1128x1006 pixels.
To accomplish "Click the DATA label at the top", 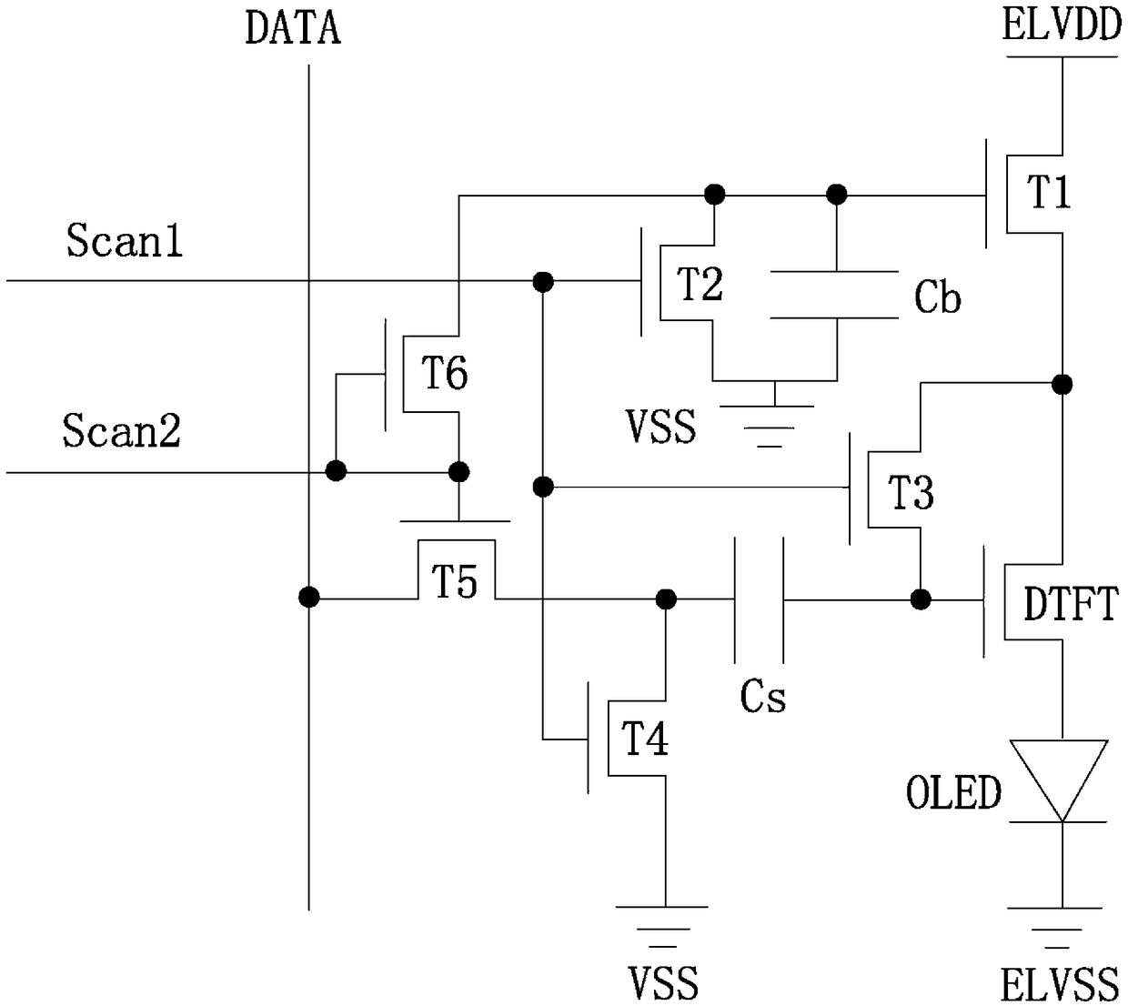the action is [293, 29].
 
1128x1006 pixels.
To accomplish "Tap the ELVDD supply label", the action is [1062, 25].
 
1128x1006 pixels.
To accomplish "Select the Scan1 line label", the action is [125, 240].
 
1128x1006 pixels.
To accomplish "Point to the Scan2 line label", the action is [121, 430].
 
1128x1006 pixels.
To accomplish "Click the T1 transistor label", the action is [1049, 192].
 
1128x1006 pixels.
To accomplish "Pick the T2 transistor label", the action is [700, 284].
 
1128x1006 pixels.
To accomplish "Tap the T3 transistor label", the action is [913, 492].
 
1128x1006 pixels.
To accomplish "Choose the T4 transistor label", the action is [645, 739].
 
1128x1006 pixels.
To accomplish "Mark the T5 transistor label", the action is [454, 581].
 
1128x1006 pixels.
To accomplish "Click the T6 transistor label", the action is [444, 372].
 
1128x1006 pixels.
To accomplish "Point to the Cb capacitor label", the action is [938, 297].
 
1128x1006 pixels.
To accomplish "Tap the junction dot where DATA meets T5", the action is [309, 598].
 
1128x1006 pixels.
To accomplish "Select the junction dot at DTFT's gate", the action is [921, 599].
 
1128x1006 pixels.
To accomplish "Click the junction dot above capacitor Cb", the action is [836, 195].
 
